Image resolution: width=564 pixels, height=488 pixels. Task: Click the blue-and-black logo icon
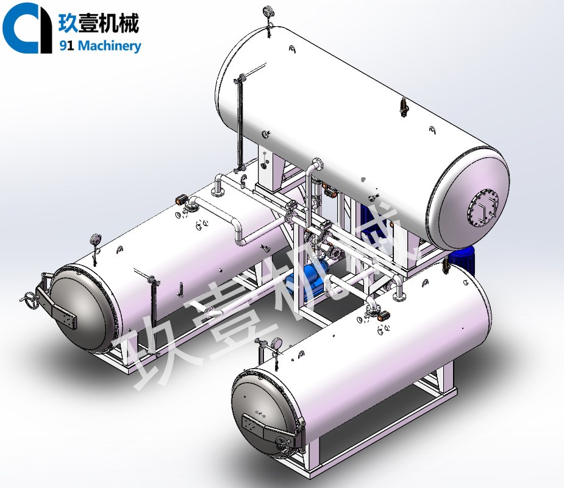click(26, 28)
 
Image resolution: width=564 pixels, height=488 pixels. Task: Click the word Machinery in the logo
click(109, 46)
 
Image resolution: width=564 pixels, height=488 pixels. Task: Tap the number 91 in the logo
click(66, 46)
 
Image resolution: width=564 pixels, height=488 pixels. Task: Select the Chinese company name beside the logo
click(99, 23)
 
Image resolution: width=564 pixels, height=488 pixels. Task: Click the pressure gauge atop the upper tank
click(268, 10)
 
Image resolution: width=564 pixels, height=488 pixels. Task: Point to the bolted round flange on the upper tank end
click(484, 209)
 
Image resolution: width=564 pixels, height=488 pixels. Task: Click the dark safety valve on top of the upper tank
click(403, 107)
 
